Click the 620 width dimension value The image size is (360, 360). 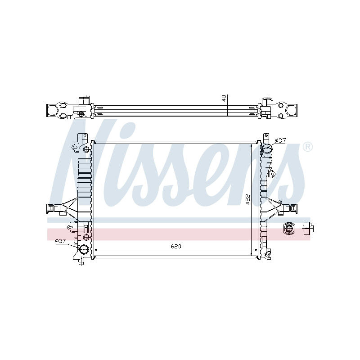click(176, 246)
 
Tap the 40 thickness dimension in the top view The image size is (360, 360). click(224, 98)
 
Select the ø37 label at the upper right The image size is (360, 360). click(280, 140)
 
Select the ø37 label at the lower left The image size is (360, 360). click(60, 241)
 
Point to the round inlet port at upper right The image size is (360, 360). click(266, 150)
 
